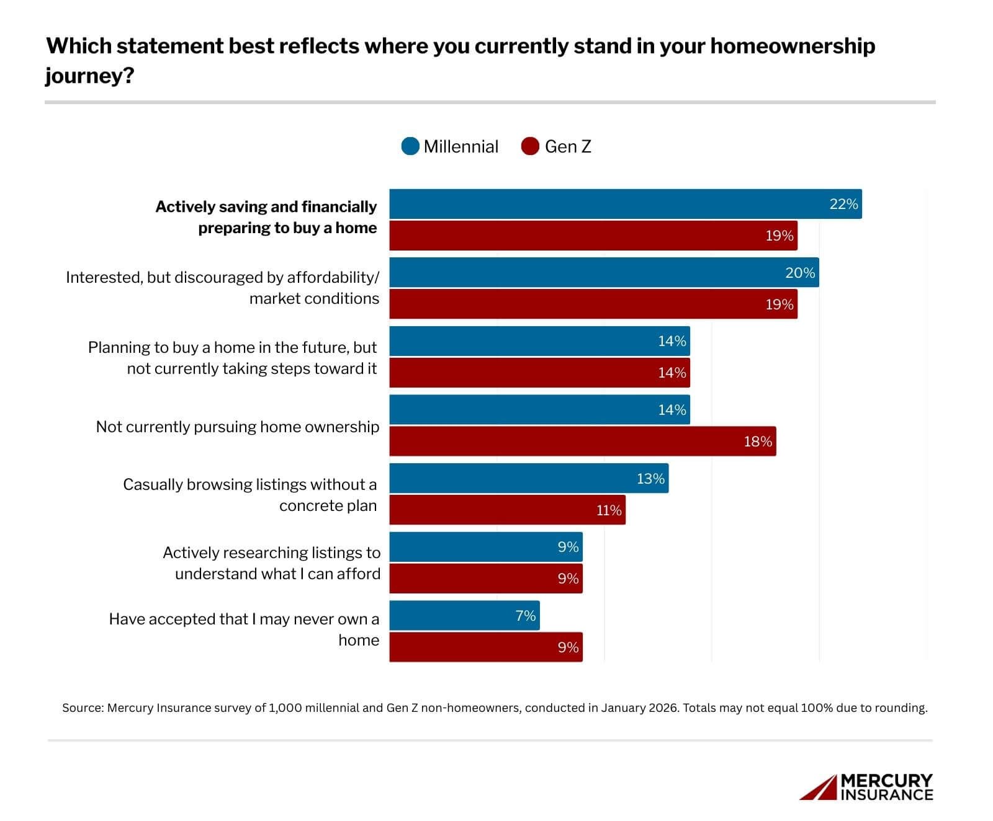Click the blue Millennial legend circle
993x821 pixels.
[410, 146]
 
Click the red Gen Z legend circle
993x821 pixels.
[530, 146]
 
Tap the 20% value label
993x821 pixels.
[799, 273]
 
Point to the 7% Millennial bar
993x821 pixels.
[464, 615]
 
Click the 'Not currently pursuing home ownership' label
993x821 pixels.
[237, 427]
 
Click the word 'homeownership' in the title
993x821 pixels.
[792, 46]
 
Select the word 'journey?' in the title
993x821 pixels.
[89, 76]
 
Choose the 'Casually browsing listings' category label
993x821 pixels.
[249, 484]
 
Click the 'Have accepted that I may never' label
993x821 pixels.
[244, 619]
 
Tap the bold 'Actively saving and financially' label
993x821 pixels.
[266, 206]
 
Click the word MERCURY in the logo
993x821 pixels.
[886, 781]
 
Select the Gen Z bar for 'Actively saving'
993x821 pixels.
[593, 236]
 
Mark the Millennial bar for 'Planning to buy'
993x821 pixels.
[539, 341]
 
